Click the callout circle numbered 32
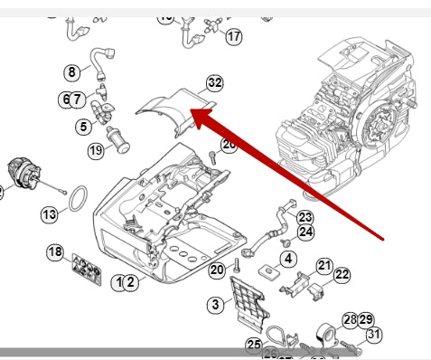click(x=214, y=82)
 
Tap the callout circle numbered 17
click(x=234, y=37)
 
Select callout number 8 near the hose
click(x=72, y=71)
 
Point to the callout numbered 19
click(x=96, y=151)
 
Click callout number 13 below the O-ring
click(x=49, y=214)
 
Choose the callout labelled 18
click(x=55, y=251)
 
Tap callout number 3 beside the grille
click(x=215, y=305)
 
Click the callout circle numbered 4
click(x=288, y=259)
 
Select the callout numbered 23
click(x=305, y=217)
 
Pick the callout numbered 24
click(x=305, y=232)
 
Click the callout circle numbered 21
click(x=324, y=265)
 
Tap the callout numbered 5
click(x=83, y=126)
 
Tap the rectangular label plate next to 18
click(x=86, y=268)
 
